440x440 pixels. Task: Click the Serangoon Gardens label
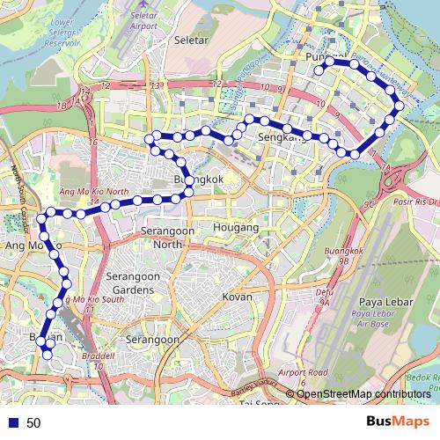pos(129,282)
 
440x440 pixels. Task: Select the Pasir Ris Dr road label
pos(415,202)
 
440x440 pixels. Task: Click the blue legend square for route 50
pos(11,423)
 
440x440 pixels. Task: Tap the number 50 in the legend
pos(33,423)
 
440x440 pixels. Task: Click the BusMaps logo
pos(398,422)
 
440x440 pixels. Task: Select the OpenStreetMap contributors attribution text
pos(363,393)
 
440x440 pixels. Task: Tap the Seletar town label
pos(191,40)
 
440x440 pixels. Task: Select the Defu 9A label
pos(324,296)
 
